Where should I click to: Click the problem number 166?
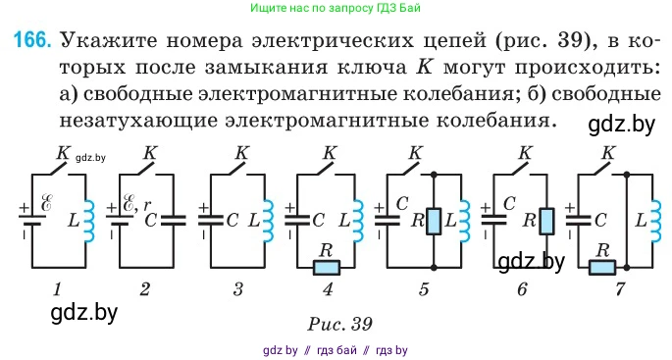31,42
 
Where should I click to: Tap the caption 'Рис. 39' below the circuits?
336,321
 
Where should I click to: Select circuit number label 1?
58,289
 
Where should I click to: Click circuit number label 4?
327,289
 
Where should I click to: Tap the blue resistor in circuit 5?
435,222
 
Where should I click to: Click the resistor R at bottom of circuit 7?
601,267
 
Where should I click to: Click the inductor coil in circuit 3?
267,222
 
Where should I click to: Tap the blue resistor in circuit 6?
546,222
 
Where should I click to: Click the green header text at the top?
336,9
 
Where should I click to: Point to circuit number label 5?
425,289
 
